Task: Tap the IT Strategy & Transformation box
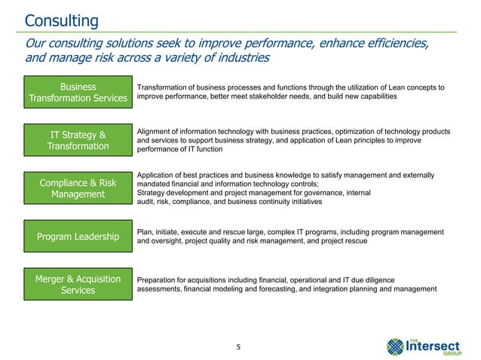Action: (78, 141)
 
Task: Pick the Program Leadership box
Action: (78, 238)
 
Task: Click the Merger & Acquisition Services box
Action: (78, 285)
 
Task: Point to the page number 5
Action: (240, 347)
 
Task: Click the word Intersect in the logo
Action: (440, 346)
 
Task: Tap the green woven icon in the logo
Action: (397, 346)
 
